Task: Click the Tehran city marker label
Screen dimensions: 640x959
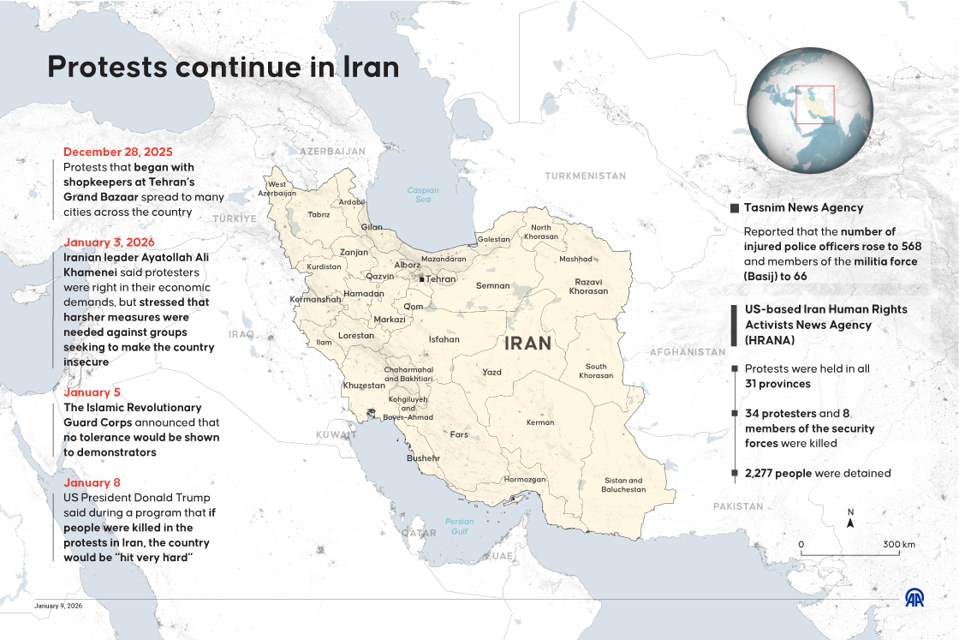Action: point(440,279)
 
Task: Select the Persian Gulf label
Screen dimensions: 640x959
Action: point(459,526)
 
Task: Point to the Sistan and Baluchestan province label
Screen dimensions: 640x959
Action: point(623,485)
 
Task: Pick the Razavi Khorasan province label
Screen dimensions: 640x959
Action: point(588,286)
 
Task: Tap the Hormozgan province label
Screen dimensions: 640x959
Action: point(525,480)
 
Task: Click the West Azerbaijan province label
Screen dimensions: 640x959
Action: point(282,188)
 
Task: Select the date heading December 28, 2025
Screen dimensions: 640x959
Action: point(117,152)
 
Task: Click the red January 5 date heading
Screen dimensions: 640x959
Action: point(92,392)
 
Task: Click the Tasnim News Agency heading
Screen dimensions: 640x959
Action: point(803,207)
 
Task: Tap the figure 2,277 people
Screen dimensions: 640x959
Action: point(778,473)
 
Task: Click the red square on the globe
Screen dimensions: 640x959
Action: point(814,105)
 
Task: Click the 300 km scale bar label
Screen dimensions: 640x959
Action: point(899,544)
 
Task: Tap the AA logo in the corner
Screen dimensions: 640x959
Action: point(914,598)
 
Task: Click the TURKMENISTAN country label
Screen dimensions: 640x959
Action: point(585,176)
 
